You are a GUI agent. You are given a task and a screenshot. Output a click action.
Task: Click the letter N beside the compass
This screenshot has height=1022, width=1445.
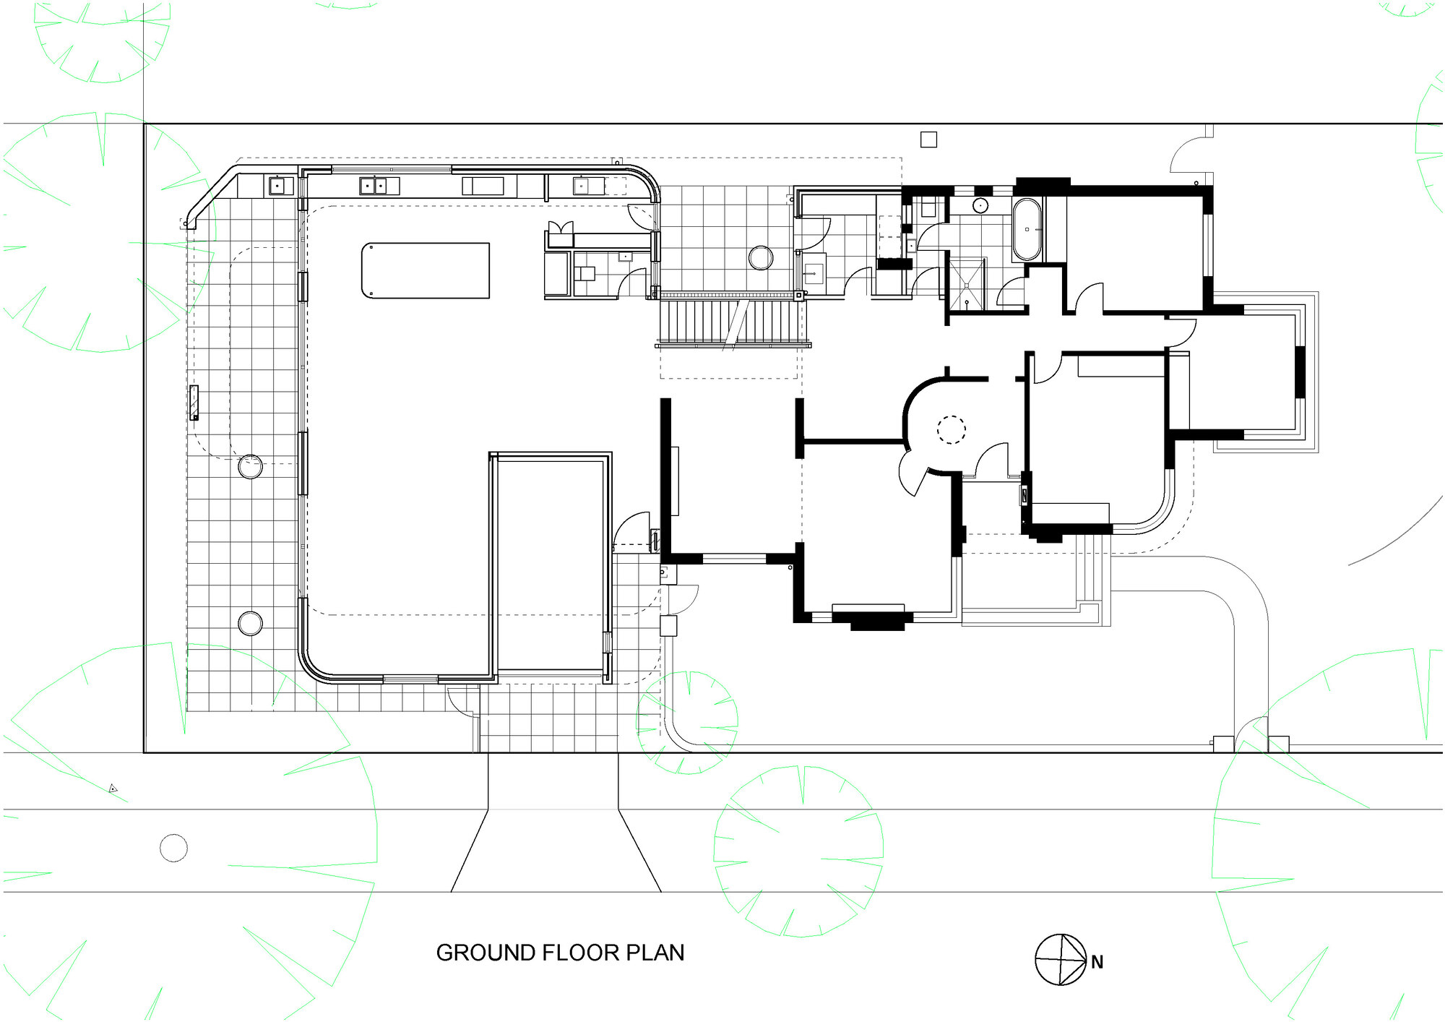point(1097,962)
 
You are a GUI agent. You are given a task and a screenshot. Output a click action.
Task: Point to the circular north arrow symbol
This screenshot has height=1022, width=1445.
point(1061,960)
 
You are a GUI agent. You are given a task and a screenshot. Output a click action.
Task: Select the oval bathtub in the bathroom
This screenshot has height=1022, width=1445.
point(1027,229)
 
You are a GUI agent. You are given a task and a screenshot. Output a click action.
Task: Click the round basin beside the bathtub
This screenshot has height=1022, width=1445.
point(980,205)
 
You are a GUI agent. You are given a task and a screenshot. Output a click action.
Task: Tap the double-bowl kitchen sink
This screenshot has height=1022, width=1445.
point(374,186)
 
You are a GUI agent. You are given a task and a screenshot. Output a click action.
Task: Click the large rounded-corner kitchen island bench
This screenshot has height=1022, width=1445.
point(426,270)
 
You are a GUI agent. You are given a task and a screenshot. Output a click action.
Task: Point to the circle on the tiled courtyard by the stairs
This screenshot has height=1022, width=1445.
point(760,257)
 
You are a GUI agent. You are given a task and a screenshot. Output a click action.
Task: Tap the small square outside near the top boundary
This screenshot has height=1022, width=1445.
point(928,139)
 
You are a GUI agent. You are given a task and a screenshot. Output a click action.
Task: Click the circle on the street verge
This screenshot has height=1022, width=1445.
point(173,848)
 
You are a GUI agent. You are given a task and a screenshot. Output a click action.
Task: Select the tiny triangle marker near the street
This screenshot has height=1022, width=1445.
point(113,789)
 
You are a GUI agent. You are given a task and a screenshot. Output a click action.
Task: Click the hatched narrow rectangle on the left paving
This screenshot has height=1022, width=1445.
point(194,403)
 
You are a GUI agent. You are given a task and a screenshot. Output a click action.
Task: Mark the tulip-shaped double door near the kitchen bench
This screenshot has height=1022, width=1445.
point(561,234)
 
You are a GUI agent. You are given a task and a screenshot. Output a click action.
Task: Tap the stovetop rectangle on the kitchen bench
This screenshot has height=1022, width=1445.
point(483,186)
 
